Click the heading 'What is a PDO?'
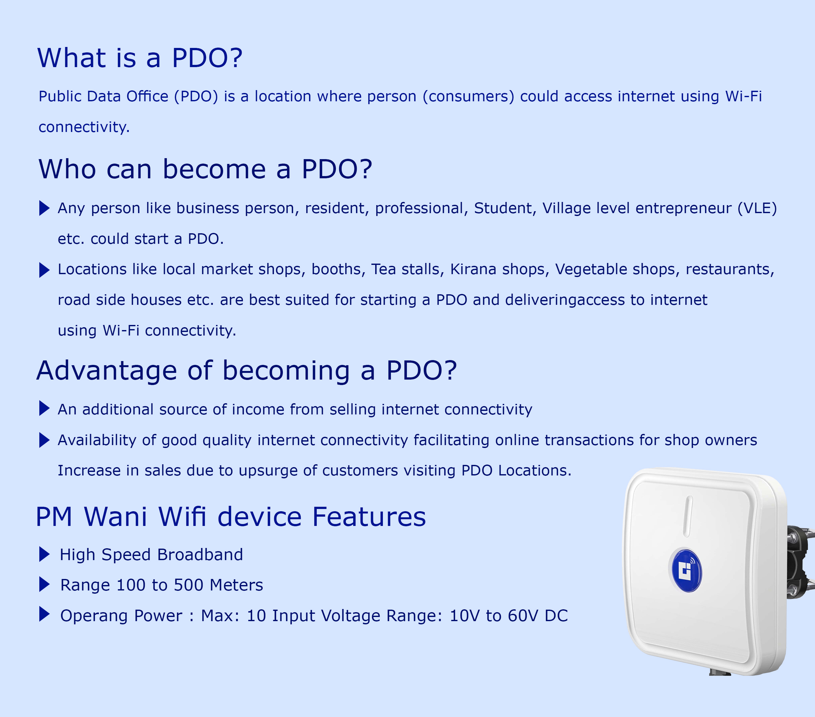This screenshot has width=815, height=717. pyautogui.click(x=140, y=58)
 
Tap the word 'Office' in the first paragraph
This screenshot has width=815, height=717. pyautogui.click(x=147, y=96)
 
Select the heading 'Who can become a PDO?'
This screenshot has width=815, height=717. pyautogui.click(x=205, y=169)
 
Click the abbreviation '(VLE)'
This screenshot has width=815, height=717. pyautogui.click(x=757, y=208)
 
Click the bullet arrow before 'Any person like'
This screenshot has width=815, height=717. pyautogui.click(x=44, y=208)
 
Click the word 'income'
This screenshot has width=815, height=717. pyautogui.click(x=258, y=410)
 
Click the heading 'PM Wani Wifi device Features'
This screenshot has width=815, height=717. pyautogui.click(x=231, y=517)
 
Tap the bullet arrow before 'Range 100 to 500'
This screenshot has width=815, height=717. pyautogui.click(x=44, y=585)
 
